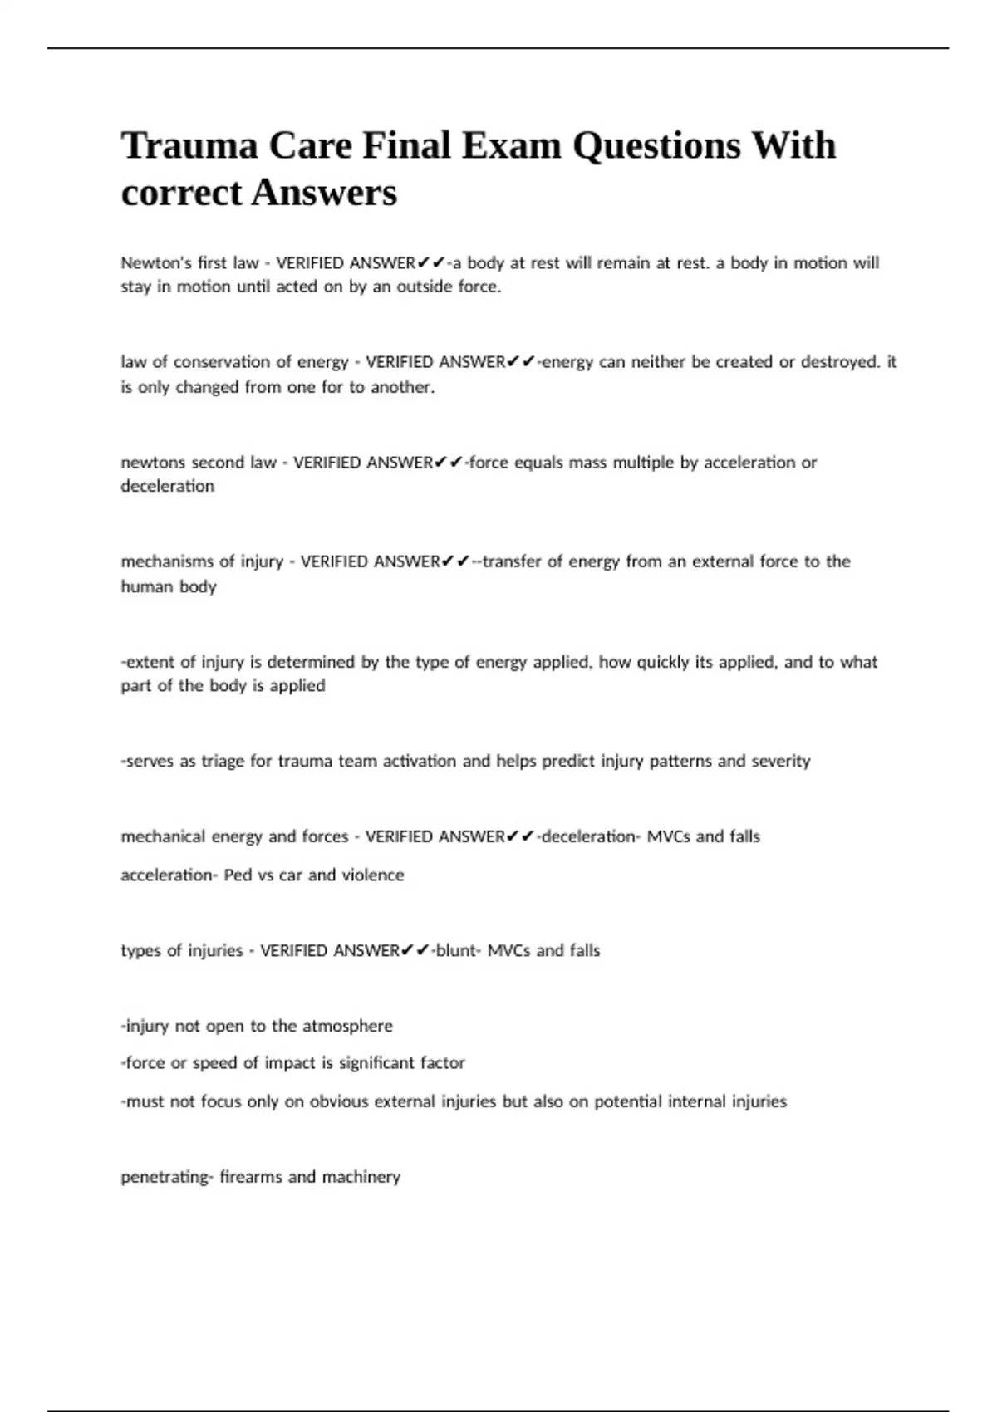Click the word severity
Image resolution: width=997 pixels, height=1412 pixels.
(x=781, y=762)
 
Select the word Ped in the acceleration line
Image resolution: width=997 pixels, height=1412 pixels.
(x=238, y=875)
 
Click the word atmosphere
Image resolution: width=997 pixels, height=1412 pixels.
(x=347, y=1027)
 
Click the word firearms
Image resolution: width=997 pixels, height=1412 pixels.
(x=250, y=1177)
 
